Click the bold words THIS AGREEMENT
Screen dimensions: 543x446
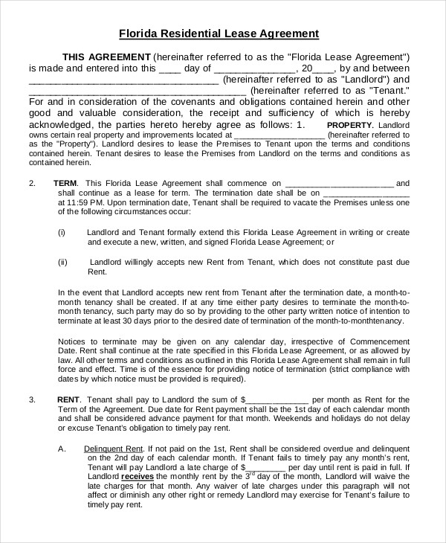point(106,57)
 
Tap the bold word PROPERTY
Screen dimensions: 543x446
point(351,124)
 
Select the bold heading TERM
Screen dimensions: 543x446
point(67,182)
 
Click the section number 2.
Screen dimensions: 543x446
point(32,182)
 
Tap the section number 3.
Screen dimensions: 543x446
point(32,399)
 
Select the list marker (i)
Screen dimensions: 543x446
point(62,231)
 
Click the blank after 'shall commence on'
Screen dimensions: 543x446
point(339,182)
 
